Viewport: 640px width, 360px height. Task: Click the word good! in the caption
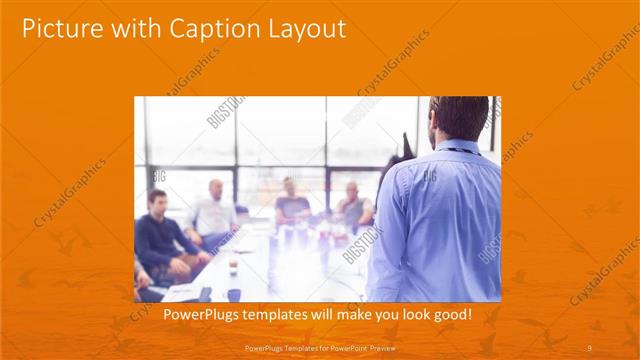pyautogui.click(x=450, y=316)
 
